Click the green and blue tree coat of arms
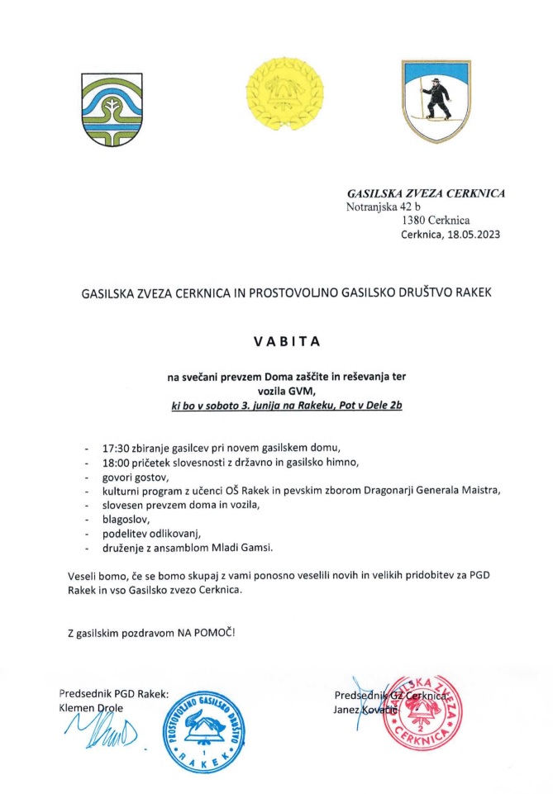pyautogui.click(x=105, y=109)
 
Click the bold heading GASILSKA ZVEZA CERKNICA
pyautogui.click(x=427, y=194)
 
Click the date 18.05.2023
pyautogui.click(x=474, y=235)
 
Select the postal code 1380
pyautogui.click(x=414, y=221)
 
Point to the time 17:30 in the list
pyautogui.click(x=115, y=447)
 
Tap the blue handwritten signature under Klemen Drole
pyautogui.click(x=93, y=734)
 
